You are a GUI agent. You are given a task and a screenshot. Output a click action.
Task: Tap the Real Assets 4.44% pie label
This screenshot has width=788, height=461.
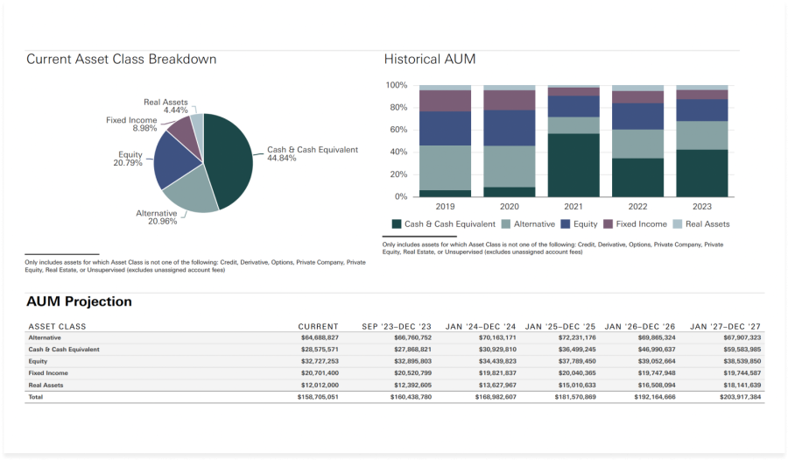[166, 106]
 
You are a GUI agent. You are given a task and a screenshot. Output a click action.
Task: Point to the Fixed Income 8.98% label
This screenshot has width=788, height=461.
[131, 124]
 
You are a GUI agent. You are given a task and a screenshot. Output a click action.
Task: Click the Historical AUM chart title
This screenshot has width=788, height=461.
[430, 60]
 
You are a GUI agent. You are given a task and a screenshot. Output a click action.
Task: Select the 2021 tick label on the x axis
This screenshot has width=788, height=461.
[573, 207]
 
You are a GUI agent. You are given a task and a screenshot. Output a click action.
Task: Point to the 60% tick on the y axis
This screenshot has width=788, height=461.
[396, 130]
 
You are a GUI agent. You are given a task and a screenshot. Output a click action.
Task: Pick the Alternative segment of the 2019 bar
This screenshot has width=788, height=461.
[445, 167]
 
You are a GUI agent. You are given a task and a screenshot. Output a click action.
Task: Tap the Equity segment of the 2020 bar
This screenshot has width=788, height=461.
[510, 127]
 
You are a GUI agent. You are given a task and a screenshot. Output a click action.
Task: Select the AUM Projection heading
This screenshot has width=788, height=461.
[80, 301]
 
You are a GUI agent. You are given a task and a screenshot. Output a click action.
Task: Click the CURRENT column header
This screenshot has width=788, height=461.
[318, 327]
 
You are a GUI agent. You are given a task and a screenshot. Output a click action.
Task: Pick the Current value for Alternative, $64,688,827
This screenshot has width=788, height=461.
[320, 337]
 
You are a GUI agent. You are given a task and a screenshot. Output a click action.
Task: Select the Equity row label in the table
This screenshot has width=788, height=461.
[38, 361]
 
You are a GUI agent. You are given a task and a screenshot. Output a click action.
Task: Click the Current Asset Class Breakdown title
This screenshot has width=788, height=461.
[121, 60]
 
